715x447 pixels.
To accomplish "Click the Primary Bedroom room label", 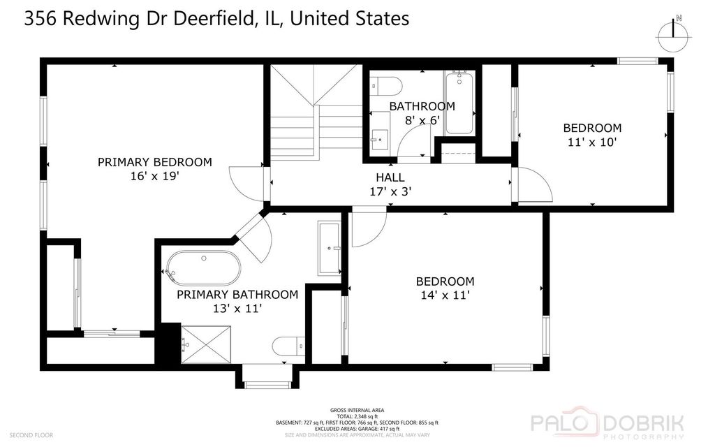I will (154, 162).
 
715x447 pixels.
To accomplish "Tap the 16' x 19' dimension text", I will (151, 177).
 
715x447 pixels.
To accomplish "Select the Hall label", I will (390, 177).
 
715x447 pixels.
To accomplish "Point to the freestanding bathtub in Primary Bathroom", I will (202, 268).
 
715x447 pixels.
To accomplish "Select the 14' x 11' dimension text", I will (445, 295).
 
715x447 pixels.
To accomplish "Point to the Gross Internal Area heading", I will (357, 410).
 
